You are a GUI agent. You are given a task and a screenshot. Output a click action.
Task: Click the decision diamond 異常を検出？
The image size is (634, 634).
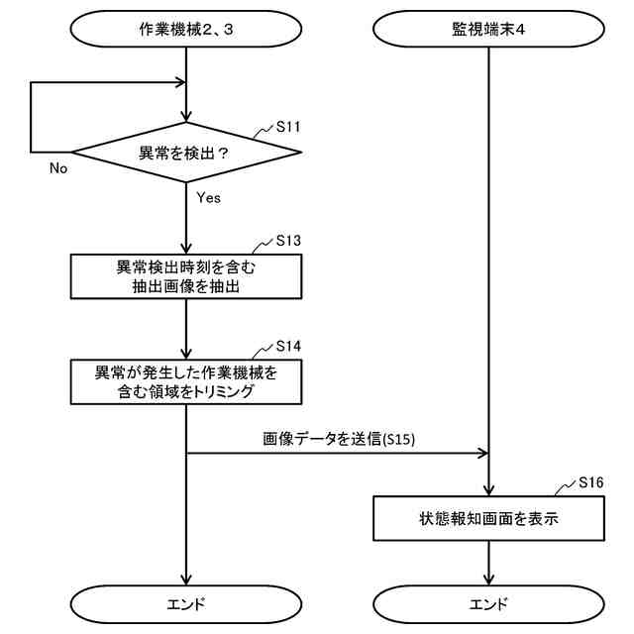pos(186,153)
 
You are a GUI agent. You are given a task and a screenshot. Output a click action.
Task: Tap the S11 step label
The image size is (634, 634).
pos(288,128)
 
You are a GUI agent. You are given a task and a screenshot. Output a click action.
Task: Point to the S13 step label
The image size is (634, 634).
pos(288,241)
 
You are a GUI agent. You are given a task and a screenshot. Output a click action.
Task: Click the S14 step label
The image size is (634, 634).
pos(288,346)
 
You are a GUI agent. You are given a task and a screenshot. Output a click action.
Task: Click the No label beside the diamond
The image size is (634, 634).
pos(58,168)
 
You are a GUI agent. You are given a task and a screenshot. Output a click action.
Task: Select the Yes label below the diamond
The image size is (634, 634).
pos(208,197)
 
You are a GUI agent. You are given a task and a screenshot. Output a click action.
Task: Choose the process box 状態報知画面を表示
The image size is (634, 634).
pos(488,518)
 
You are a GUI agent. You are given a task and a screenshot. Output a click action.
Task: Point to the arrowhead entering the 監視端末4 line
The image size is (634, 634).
pos(483,454)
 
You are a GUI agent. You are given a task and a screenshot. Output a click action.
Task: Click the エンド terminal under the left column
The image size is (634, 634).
pos(186,603)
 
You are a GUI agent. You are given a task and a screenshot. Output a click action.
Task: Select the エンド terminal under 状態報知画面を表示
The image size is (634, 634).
pos(488,603)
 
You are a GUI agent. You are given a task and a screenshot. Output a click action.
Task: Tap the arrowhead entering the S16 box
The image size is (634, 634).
pos(488,490)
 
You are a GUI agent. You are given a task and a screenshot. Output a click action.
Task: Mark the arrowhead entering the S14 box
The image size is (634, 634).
pos(186,354)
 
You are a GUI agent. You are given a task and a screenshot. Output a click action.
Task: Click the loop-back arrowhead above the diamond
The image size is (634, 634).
pos(181,83)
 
